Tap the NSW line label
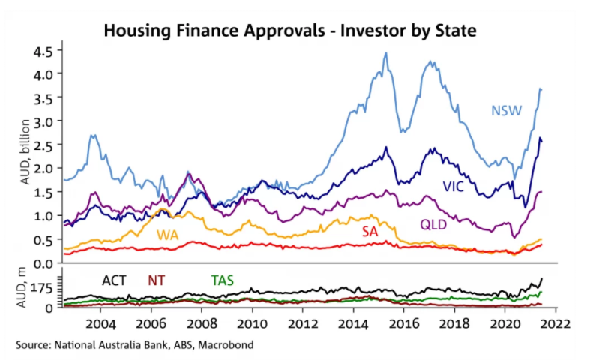pos(507,111)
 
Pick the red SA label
pos(370,232)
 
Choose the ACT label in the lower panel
pos(114,280)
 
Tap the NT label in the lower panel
pos(157,280)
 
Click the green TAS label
pos(222,280)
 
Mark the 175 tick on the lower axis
pos(41,288)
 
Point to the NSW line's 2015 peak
pos(385,54)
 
